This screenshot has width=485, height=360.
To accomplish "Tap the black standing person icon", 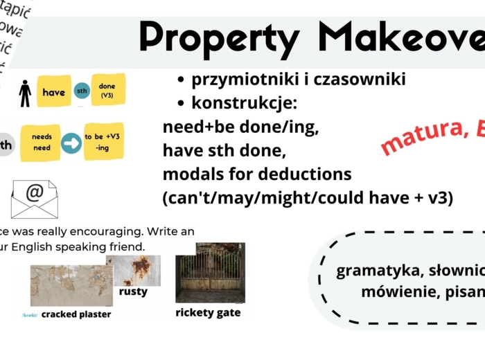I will (25, 93).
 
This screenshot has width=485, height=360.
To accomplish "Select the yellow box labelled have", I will (53, 92).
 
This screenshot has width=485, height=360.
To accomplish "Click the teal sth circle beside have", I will (82, 92).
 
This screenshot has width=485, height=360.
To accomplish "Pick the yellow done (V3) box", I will (107, 90).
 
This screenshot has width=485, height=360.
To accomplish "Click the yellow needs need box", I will (42, 143).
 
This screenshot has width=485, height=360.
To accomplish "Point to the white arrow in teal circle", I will (71, 143).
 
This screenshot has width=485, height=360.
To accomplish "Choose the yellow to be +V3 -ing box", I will (103, 142).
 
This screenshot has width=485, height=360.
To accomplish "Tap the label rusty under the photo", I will (133, 291).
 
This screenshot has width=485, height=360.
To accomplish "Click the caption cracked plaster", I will (76, 314).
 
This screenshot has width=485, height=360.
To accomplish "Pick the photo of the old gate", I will (210, 271).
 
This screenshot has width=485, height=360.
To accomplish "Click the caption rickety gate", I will (208, 312).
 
